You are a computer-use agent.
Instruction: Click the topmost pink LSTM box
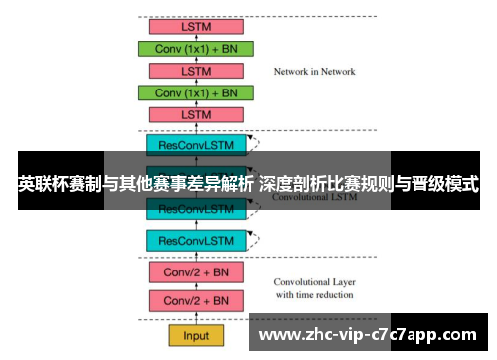pos(196,26)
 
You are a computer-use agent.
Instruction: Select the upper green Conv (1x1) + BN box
pos(196,48)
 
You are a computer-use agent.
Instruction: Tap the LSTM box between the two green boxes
pos(196,71)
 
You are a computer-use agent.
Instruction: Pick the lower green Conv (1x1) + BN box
pos(196,92)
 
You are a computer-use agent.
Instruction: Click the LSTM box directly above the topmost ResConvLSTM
pos(196,115)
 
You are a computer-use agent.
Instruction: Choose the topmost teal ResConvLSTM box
pos(196,145)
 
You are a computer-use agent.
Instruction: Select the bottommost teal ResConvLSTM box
pos(196,240)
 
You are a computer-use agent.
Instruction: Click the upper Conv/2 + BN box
pos(196,271)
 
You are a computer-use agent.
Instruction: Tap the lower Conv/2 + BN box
pos(196,300)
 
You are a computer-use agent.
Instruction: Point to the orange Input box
pos(196,335)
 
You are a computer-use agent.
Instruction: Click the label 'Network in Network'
pos(314,72)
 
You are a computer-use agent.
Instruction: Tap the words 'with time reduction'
pos(313,295)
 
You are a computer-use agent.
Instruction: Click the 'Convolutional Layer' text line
pos(313,282)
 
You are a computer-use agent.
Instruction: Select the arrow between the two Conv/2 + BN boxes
pos(196,286)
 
